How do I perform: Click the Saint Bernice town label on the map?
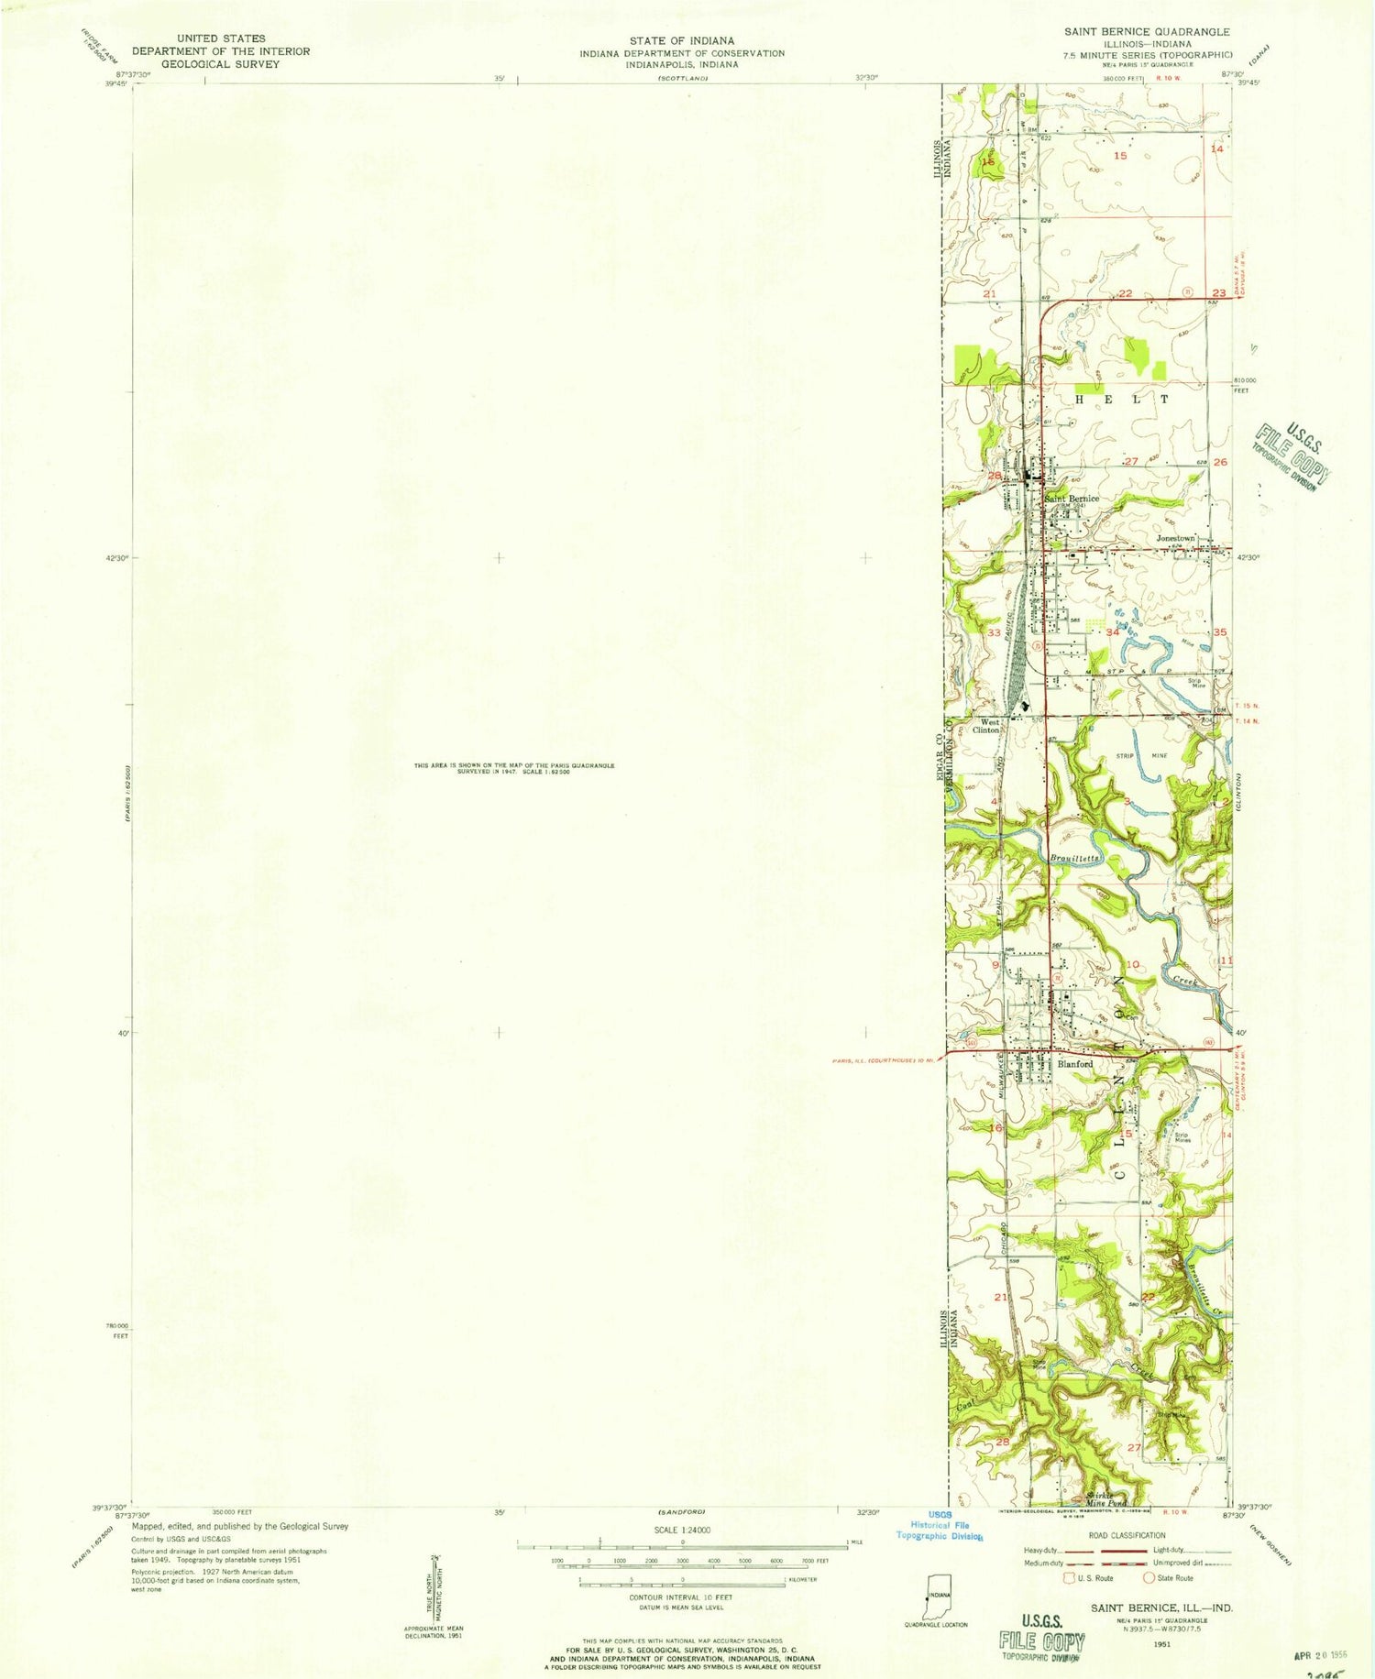1072,499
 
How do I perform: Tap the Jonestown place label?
1176,538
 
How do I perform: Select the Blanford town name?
1075,1064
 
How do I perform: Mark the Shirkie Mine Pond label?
1105,1500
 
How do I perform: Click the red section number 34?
1113,632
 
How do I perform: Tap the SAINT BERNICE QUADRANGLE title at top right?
1147,31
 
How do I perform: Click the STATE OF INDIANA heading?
681,40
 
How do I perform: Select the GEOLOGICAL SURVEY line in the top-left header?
221,64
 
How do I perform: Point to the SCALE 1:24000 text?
681,1530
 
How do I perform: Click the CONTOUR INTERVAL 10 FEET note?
681,1597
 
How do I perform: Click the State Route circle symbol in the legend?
1148,1577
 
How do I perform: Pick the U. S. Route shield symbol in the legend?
1069,1577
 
